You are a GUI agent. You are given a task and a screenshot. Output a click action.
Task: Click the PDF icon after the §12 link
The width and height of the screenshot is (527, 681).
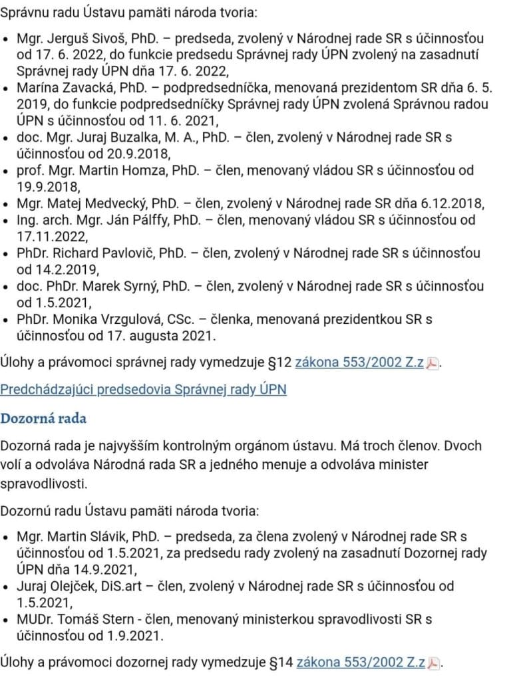(x=433, y=364)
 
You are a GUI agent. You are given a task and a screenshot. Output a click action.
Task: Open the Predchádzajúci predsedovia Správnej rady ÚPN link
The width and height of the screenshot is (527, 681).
(x=143, y=389)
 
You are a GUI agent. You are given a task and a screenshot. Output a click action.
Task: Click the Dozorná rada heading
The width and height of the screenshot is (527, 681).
(x=43, y=419)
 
